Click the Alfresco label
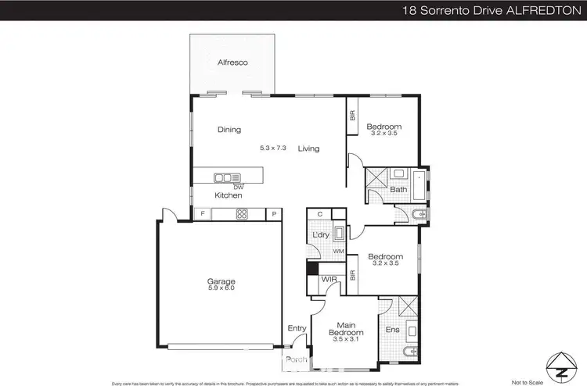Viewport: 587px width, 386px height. coord(232,62)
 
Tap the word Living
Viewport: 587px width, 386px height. coord(308,148)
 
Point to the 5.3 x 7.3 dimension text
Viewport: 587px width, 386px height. coord(273,148)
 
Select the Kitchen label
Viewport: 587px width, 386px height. coord(229,195)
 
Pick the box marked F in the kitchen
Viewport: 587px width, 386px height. coord(203,214)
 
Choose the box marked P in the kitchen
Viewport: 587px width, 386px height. coord(275,214)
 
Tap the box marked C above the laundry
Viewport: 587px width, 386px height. coord(320,214)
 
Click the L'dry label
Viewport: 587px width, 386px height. coord(320,235)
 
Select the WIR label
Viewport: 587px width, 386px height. coord(329,280)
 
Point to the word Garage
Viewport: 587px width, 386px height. coord(221,281)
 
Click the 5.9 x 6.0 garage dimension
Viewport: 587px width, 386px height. coord(221,288)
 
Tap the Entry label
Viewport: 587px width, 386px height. coord(297,328)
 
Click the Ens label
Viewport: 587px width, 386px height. coord(392,330)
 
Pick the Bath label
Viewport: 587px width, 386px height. coord(398,190)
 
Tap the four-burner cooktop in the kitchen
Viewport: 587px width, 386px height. coord(242,214)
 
